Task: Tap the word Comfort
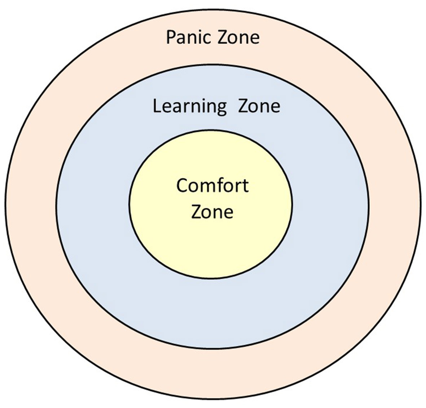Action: tap(212, 186)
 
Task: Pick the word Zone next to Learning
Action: tap(259, 107)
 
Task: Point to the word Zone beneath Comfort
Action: tap(212, 212)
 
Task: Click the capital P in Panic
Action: tap(170, 38)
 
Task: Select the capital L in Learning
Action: tap(157, 107)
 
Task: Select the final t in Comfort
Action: tap(245, 186)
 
